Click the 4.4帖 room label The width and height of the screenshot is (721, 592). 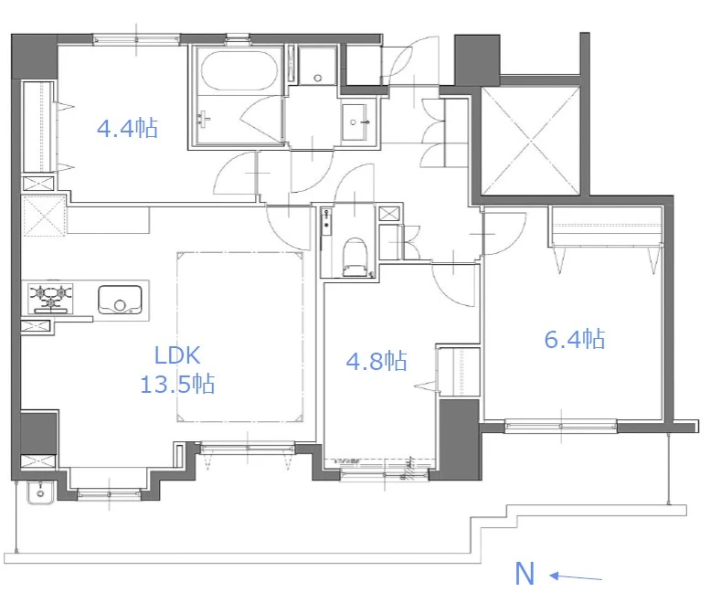click(127, 128)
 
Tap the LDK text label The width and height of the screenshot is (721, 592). click(177, 355)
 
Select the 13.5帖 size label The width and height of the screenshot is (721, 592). click(177, 384)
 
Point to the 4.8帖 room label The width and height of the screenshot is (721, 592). click(376, 361)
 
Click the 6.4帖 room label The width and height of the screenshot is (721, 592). click(574, 339)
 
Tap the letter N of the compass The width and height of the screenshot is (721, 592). click(525, 573)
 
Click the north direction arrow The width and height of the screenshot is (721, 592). click(576, 576)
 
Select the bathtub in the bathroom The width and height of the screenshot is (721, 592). click(239, 70)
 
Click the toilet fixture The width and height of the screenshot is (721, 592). click(355, 258)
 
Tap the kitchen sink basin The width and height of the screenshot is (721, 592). click(120, 300)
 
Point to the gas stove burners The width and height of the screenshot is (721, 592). click(51, 296)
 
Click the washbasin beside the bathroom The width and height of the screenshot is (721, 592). click(354, 121)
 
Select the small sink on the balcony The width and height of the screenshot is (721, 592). click(40, 492)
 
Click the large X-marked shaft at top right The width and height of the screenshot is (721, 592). click(530, 140)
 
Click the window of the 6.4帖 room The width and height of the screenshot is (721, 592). click(560, 426)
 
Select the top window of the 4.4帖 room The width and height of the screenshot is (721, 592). click(136, 39)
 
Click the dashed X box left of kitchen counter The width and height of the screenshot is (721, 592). click(44, 216)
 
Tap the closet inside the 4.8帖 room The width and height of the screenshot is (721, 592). click(459, 372)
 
